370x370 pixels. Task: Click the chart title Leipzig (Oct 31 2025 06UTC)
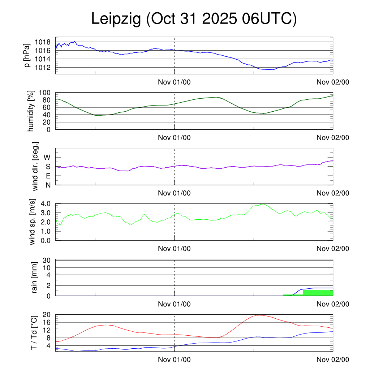point(194,19)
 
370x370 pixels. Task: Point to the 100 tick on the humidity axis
point(44,92)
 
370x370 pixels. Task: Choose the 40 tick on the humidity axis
point(47,115)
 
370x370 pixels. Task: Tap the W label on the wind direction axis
point(47,157)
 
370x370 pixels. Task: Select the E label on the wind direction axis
point(48,176)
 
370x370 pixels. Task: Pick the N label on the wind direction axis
point(48,185)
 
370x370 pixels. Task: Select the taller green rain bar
point(318,293)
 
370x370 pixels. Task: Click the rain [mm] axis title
point(35,277)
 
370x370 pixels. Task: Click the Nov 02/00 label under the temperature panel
point(333,360)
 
